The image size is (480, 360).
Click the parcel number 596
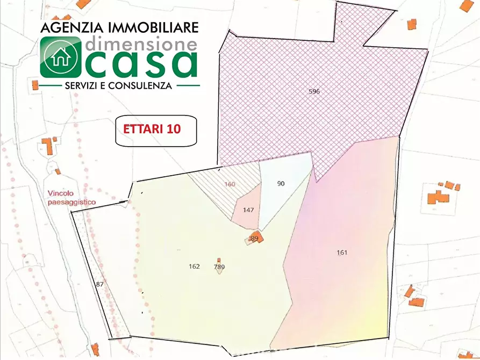pyautogui.click(x=314, y=91)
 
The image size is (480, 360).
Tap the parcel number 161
pyautogui.click(x=342, y=253)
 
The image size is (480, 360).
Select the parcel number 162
pyautogui.click(x=194, y=267)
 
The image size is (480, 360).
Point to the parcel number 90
pyautogui.click(x=281, y=184)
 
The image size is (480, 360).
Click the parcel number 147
pyautogui.click(x=248, y=210)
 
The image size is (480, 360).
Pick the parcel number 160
pyautogui.click(x=230, y=184)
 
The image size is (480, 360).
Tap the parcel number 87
pyautogui.click(x=99, y=284)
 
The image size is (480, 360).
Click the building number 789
pyautogui.click(x=219, y=267)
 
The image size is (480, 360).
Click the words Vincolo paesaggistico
pyautogui.click(x=71, y=197)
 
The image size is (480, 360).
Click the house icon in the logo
pyautogui.click(x=60, y=56)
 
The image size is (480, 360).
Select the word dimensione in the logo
pyautogui.click(x=141, y=41)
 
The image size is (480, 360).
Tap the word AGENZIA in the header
pyautogui.click(x=66, y=27)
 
